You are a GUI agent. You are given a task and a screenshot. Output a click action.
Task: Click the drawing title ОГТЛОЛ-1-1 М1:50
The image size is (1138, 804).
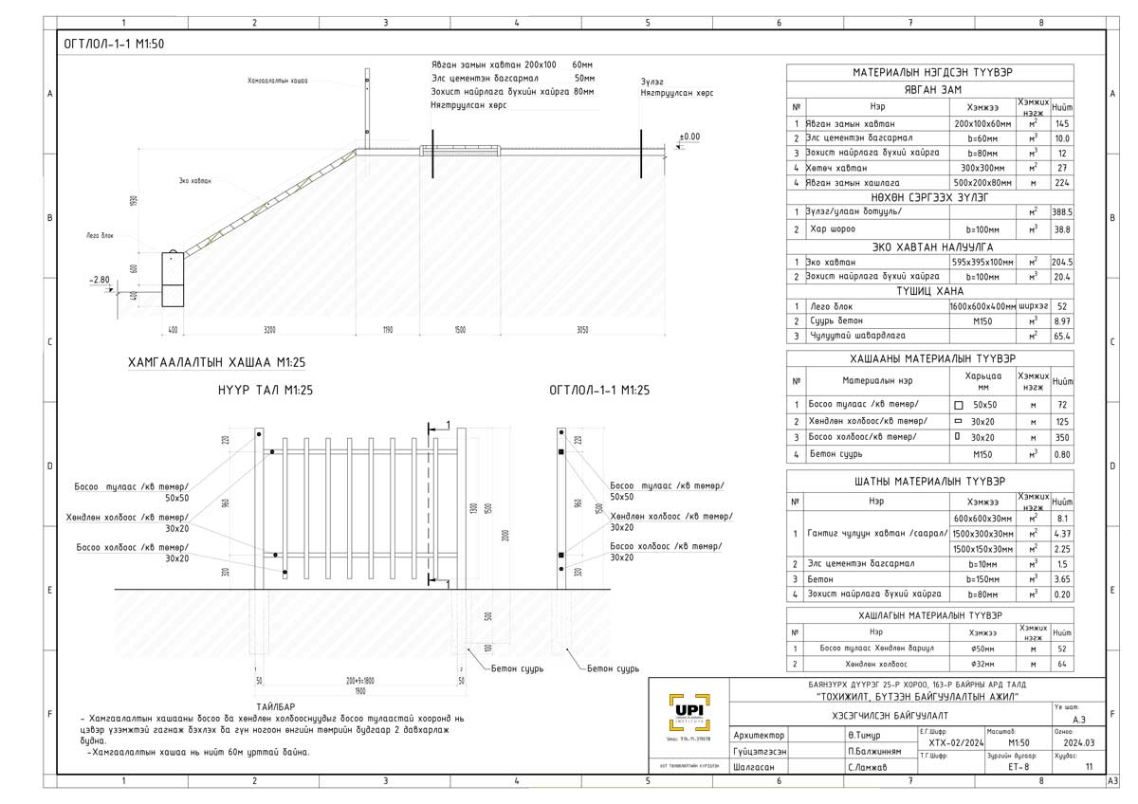114,44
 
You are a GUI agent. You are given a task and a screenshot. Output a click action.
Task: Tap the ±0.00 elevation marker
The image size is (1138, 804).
689,137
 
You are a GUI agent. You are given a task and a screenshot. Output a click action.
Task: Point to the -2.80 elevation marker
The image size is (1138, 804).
101,281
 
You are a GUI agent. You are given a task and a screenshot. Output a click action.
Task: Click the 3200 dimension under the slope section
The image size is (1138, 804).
269,330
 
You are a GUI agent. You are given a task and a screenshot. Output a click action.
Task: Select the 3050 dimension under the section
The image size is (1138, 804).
581,330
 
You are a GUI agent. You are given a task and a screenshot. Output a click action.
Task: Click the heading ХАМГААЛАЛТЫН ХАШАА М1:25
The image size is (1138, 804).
216,363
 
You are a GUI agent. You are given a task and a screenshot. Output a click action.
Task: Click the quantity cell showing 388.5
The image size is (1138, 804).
1062,212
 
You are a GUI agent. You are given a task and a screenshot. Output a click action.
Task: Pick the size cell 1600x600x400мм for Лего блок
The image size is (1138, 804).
982,307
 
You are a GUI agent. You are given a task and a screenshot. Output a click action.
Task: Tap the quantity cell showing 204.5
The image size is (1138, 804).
1062,263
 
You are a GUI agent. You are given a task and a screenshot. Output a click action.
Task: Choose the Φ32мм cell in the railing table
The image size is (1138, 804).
982,664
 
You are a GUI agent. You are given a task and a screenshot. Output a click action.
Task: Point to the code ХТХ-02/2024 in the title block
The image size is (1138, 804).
944,743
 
